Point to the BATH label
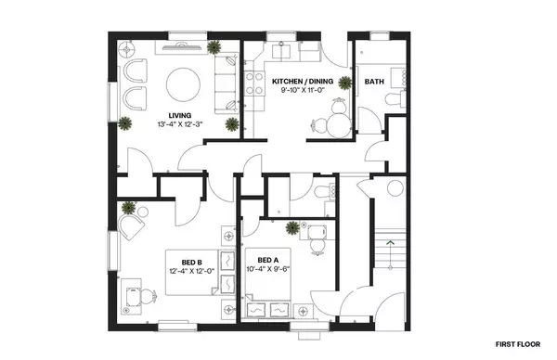374,82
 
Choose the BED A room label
268,259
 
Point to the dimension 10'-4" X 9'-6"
268,269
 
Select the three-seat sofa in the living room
225,83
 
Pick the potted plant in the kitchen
345,84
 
